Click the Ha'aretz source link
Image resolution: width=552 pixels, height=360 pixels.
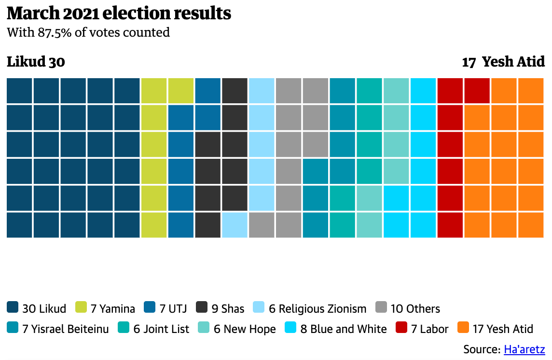(x=524, y=349)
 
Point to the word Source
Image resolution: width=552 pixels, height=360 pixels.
(x=480, y=349)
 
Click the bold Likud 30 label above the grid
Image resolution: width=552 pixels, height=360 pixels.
(x=36, y=62)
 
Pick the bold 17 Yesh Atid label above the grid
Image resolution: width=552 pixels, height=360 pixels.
(x=503, y=62)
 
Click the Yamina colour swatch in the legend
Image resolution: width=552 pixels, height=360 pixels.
(x=82, y=307)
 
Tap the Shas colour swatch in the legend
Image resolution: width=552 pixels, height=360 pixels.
(x=202, y=307)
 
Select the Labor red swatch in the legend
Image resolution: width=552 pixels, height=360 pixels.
(x=401, y=329)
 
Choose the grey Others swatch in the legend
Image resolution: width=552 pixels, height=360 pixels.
(x=381, y=307)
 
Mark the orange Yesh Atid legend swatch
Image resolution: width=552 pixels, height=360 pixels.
(x=463, y=329)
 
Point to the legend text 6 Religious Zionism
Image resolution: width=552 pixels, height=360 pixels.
(x=317, y=308)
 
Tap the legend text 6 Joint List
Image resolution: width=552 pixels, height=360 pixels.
(x=161, y=330)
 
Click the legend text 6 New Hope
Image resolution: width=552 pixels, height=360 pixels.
(x=245, y=330)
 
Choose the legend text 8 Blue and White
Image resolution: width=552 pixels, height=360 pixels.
(x=344, y=330)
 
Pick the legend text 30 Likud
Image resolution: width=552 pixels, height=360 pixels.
(x=44, y=308)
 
